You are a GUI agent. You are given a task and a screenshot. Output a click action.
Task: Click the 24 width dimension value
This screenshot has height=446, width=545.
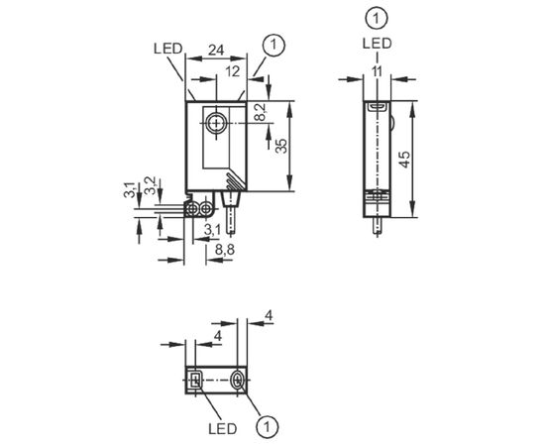(x=216, y=51)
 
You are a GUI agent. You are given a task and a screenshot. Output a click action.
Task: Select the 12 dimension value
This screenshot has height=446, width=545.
(x=232, y=71)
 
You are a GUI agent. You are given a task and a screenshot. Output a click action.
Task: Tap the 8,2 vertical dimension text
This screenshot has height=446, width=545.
(x=261, y=112)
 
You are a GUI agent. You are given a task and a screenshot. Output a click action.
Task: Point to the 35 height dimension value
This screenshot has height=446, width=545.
(x=281, y=146)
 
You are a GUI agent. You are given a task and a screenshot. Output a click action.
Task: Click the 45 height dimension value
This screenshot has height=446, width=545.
(x=404, y=160)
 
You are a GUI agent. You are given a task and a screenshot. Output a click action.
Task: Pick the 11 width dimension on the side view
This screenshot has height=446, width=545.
(x=377, y=71)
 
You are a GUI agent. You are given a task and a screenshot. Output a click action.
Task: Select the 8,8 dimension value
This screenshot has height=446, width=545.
(x=225, y=249)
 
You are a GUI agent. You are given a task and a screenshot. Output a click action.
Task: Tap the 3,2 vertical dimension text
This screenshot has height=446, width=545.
(x=150, y=185)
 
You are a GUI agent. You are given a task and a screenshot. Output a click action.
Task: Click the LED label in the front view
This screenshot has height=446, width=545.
(x=167, y=49)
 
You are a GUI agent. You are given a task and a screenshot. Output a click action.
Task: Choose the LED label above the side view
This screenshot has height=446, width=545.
(x=378, y=44)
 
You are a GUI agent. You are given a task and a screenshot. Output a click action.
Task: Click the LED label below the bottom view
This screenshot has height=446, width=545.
(x=223, y=429)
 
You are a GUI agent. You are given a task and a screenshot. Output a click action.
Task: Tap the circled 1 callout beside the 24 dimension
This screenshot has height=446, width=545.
(x=273, y=45)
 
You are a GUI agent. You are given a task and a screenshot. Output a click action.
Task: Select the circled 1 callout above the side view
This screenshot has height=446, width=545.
(x=377, y=18)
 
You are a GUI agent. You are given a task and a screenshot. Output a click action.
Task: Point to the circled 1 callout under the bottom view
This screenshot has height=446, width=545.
(x=268, y=426)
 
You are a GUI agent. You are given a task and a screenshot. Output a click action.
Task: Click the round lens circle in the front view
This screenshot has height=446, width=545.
(x=216, y=124)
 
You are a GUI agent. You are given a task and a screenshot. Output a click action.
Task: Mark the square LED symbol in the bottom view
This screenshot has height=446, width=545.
(x=195, y=380)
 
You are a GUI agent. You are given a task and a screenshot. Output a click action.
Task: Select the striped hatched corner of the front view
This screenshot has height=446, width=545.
(x=237, y=180)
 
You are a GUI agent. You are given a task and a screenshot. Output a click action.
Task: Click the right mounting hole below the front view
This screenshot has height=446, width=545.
(x=206, y=209)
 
